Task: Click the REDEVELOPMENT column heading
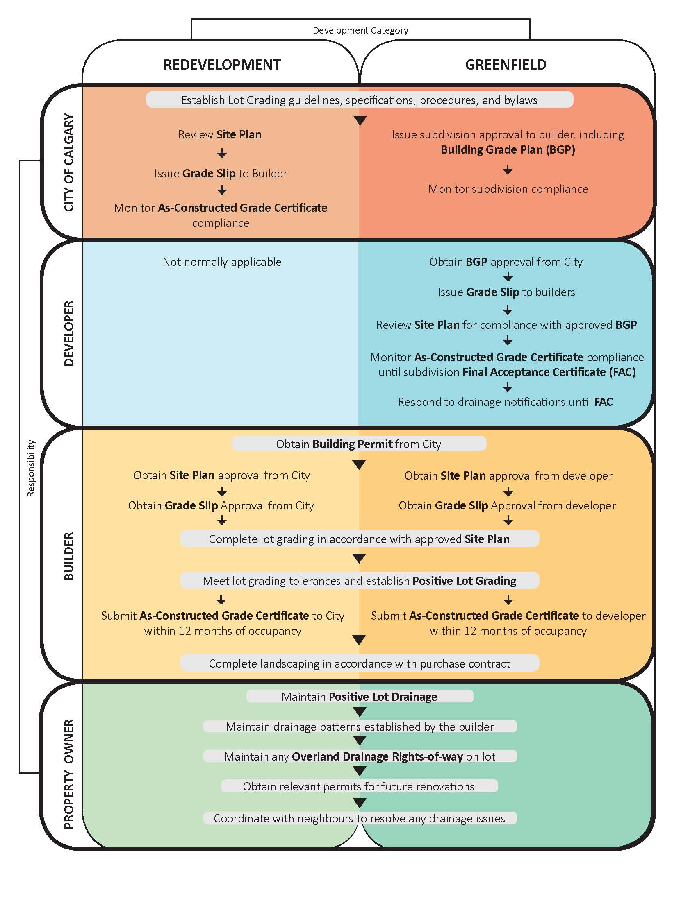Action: (222, 65)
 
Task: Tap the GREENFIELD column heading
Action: (506, 65)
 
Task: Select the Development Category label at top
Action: (360, 31)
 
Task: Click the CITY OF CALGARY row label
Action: (69, 163)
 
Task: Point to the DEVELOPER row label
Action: (69, 333)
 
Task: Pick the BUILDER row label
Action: (69, 556)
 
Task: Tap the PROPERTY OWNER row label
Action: (69, 774)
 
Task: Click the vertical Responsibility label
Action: (31, 468)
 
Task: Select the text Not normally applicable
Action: (222, 262)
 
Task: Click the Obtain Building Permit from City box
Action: (359, 444)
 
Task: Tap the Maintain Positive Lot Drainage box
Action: (360, 696)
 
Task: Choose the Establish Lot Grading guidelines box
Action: (360, 100)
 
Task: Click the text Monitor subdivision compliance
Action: (508, 189)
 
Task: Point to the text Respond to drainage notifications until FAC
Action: (506, 402)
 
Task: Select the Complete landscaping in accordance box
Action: (360, 663)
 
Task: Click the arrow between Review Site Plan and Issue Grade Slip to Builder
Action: (222, 154)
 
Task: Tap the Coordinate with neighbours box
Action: (360, 818)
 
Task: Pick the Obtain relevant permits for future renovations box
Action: (359, 786)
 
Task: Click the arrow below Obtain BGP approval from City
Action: (508, 276)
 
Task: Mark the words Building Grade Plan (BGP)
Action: (508, 150)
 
